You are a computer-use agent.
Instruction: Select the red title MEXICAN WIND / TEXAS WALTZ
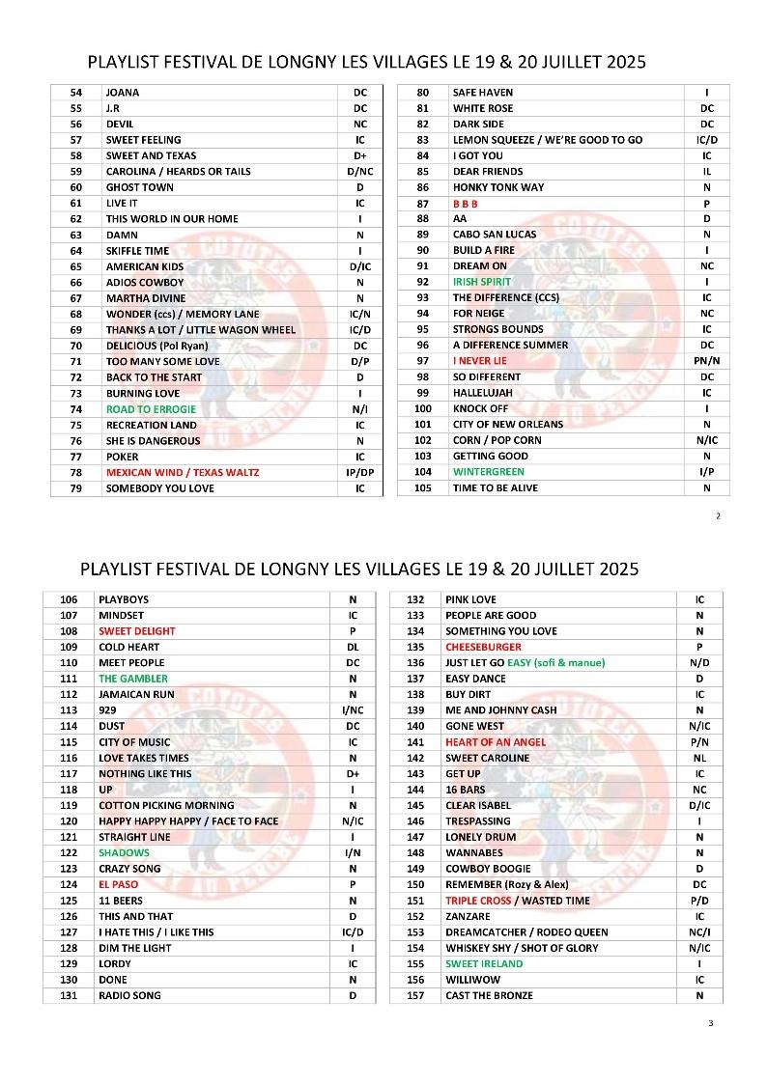(183, 473)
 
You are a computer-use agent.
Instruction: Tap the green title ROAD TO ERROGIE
(151, 409)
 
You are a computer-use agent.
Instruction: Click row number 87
(422, 204)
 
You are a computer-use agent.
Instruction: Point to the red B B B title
(466, 204)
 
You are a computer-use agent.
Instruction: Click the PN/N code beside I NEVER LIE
(707, 361)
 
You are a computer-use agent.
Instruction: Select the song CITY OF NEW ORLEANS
(508, 425)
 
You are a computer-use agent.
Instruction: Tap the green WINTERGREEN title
(489, 472)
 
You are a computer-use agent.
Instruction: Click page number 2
(718, 516)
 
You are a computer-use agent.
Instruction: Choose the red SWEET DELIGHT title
(137, 631)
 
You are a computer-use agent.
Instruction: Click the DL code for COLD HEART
(353, 647)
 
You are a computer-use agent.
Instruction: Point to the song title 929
(107, 710)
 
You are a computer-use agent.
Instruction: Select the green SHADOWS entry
(124, 853)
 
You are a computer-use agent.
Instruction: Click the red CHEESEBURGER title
(483, 647)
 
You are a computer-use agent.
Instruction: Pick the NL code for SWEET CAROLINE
(699, 758)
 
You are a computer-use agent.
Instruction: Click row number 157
(415, 995)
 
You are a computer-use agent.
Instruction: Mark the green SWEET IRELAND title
(484, 963)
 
